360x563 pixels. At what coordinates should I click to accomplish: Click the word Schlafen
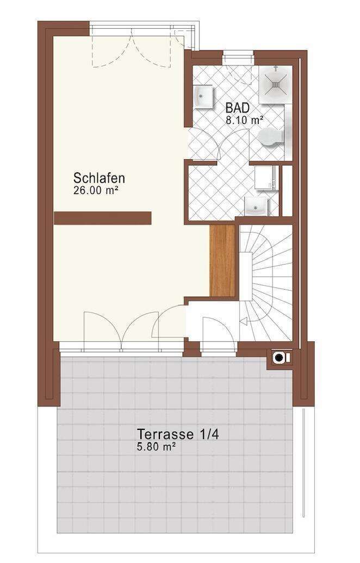(x=100, y=178)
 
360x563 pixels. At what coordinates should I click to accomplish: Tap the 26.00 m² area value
(x=96, y=190)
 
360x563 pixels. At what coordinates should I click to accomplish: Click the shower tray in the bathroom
(x=275, y=85)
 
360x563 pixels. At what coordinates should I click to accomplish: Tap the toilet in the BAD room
(x=271, y=138)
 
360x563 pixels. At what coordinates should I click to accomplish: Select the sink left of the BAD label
(x=203, y=98)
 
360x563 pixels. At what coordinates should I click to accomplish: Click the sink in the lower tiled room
(x=257, y=205)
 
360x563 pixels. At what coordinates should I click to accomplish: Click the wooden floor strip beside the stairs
(x=222, y=261)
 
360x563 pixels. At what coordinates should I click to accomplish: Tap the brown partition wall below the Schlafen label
(x=102, y=218)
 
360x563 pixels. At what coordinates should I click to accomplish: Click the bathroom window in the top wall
(x=238, y=54)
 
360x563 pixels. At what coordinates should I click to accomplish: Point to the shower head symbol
(x=276, y=69)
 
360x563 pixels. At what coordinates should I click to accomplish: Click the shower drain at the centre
(x=276, y=85)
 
